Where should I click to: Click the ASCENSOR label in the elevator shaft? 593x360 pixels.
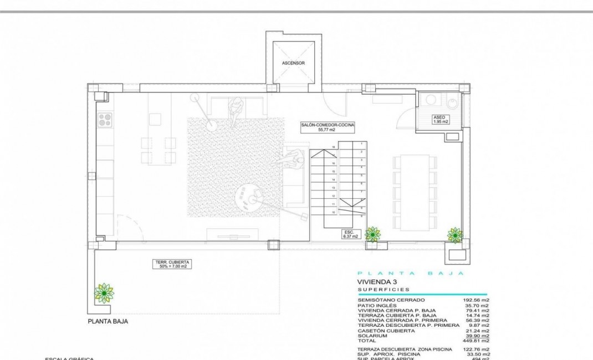(293, 63)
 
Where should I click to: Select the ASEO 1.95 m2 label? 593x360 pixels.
(440, 119)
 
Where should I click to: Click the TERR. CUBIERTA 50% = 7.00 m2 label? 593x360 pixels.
(172, 264)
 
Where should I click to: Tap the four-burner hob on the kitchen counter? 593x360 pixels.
(105, 119)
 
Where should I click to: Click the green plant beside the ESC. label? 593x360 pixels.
(372, 234)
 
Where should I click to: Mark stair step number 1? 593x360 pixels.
(362, 143)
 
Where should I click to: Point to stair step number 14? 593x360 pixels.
(333, 180)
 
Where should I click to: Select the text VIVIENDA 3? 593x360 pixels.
(378, 282)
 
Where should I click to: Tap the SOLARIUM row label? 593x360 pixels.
(373, 336)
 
